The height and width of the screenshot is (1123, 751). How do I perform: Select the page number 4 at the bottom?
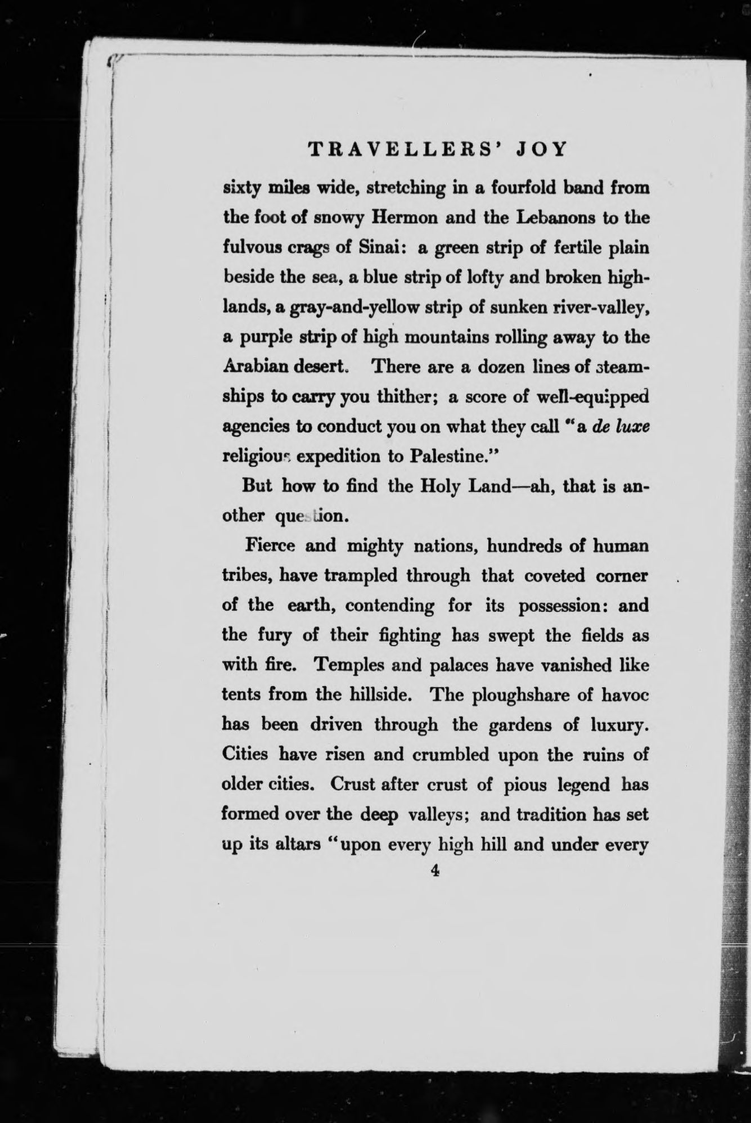point(434,871)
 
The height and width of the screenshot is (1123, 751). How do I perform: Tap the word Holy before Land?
point(442,485)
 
